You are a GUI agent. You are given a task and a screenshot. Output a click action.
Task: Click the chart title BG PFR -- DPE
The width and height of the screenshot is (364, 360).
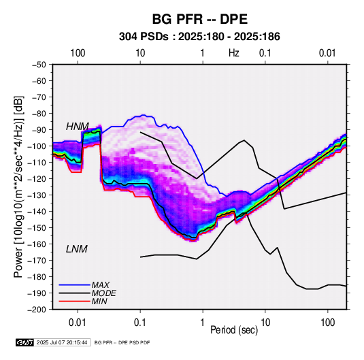point(199,19)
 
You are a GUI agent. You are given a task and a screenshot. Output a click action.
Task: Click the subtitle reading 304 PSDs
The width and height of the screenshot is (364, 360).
point(144,37)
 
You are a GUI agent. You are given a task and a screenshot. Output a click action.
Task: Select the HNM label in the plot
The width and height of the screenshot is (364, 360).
point(78,127)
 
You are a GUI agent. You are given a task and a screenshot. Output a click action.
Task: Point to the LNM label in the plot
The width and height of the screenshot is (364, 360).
point(77,249)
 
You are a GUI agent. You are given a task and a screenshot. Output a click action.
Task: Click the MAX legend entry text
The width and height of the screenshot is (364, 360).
point(100,285)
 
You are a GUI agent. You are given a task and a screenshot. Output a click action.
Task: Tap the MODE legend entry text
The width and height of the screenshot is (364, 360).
point(104,293)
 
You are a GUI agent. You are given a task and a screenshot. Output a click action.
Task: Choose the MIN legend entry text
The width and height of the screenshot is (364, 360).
point(99,301)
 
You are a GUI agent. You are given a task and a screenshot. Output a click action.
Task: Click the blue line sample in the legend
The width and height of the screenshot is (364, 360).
point(75,285)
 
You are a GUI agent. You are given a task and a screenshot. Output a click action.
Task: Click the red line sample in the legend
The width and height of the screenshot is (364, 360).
point(75,301)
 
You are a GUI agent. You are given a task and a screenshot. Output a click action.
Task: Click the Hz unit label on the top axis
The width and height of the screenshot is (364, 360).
point(234,53)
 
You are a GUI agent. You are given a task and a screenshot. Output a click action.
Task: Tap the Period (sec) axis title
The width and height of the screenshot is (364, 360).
point(234,330)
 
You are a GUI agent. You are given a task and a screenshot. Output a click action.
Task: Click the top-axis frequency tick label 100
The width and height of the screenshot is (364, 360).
point(78,53)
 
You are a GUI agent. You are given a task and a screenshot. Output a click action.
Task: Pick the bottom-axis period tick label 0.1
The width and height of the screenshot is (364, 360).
point(140,323)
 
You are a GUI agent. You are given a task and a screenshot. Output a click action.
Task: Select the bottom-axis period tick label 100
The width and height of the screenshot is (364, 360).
point(327,323)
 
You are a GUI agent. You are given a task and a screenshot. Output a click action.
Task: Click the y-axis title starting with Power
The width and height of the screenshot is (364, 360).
point(18,186)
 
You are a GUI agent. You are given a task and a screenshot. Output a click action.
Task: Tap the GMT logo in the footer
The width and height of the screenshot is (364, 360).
point(25,342)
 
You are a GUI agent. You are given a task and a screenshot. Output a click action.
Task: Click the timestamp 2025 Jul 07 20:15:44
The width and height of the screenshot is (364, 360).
point(62,342)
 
